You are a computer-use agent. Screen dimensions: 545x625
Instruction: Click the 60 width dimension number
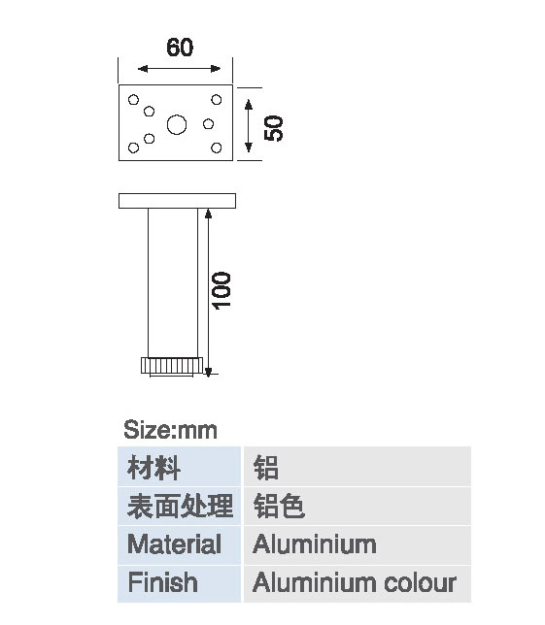point(180,48)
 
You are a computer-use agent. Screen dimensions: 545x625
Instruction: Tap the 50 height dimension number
point(274,128)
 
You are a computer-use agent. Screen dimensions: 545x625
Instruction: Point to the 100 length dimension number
point(221,290)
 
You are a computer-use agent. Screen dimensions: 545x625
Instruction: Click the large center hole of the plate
point(177,125)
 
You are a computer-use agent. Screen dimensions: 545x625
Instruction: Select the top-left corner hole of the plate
point(134,99)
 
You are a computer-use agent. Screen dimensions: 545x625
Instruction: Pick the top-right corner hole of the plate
point(217,99)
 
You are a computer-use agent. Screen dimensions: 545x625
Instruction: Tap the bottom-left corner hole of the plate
point(134,148)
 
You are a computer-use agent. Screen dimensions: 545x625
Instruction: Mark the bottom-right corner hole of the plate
point(217,148)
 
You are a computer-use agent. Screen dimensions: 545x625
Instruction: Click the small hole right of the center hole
point(208,124)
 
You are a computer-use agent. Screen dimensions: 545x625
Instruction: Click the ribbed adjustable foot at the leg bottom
point(172,366)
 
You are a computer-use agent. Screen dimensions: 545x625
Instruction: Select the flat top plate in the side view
point(177,201)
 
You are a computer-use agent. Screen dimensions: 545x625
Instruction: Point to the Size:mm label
point(170,430)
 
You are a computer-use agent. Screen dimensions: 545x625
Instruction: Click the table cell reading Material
point(179,544)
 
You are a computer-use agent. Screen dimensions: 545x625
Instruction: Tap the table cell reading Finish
point(179,583)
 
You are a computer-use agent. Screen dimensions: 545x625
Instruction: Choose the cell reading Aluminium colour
point(358,583)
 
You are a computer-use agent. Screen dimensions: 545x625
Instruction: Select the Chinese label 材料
point(154,468)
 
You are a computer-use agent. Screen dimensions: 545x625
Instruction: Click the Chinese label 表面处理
point(180,507)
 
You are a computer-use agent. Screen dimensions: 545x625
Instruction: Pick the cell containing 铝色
point(358,507)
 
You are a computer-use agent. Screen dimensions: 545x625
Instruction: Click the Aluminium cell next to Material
point(358,544)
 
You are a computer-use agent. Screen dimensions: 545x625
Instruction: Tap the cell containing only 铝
point(358,467)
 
